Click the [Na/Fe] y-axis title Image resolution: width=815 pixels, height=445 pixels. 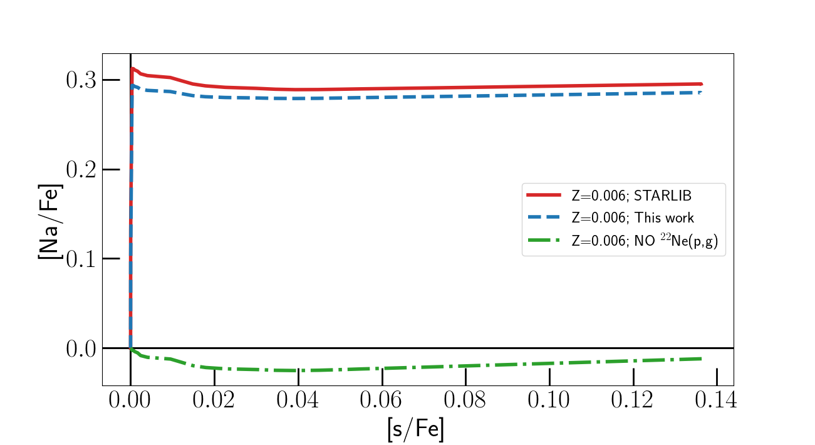(51, 223)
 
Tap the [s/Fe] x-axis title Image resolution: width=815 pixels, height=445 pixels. (416, 429)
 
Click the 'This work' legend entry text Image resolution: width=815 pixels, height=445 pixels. (633, 218)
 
